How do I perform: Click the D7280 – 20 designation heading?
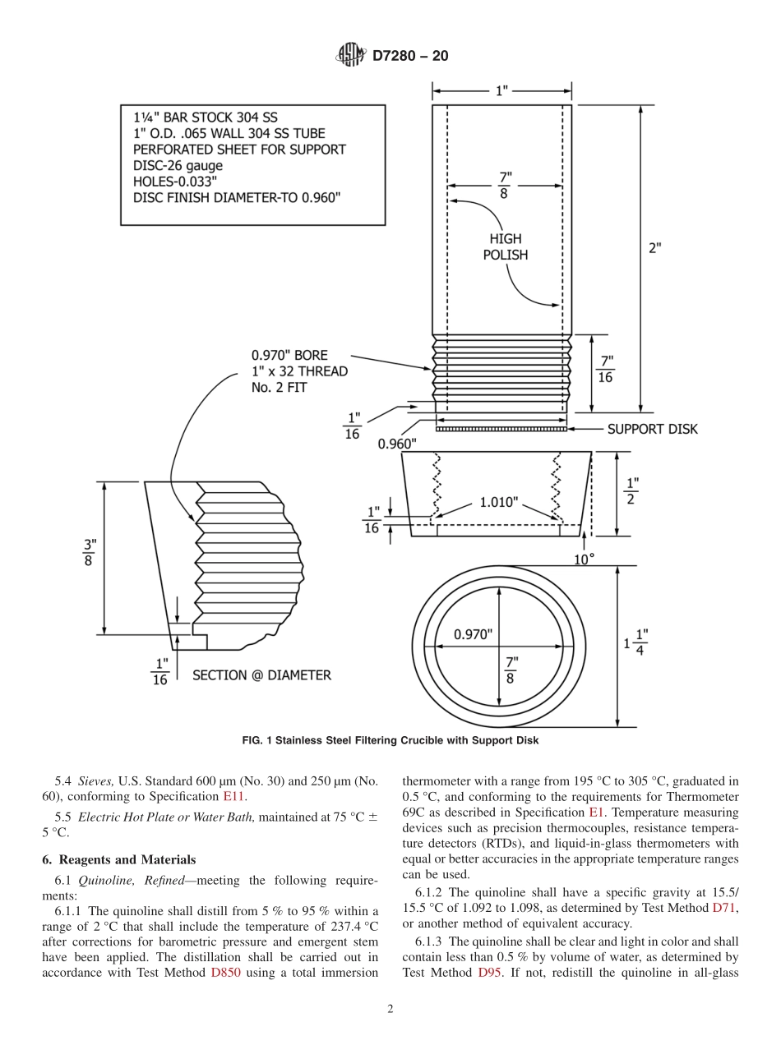(410, 56)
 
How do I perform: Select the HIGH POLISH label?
(506, 246)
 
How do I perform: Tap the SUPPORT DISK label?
(652, 429)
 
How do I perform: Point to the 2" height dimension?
(654, 247)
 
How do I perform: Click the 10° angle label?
(583, 559)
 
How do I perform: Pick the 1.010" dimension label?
(499, 502)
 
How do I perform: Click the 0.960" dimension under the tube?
(397, 444)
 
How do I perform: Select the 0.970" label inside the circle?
(473, 634)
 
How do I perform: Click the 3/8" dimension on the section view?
(90, 552)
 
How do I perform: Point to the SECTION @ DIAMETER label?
(261, 675)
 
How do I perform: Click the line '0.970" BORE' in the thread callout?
(289, 355)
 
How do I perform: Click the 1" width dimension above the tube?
(501, 90)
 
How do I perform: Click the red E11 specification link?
(234, 795)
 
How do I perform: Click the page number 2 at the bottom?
(390, 1010)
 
